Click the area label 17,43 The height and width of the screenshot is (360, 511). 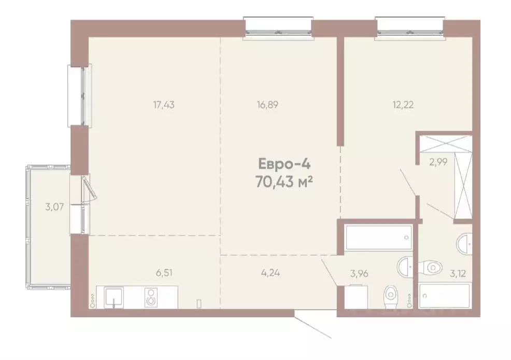(163, 105)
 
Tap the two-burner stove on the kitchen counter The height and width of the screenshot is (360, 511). (151, 297)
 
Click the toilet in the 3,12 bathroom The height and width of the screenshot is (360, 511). (430, 268)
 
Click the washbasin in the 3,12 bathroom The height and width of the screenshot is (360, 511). (465, 243)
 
